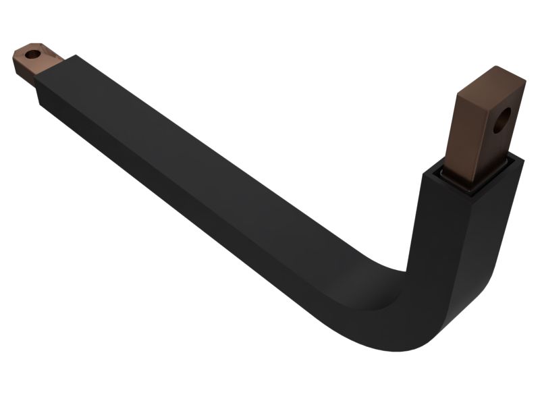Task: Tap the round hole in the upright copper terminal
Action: pyautogui.click(x=500, y=123)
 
